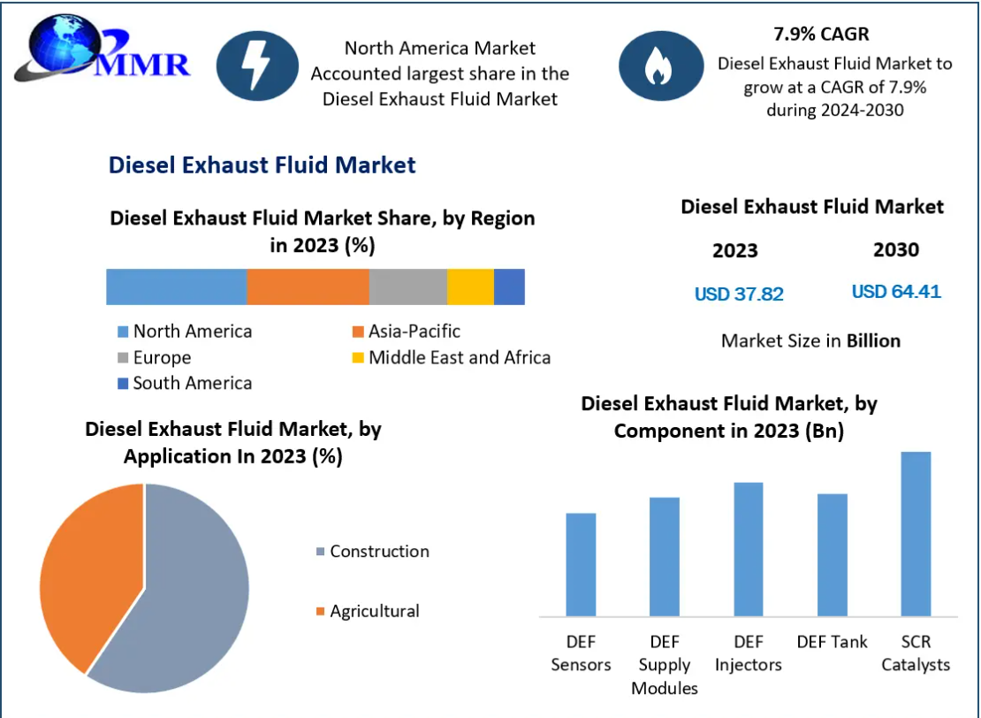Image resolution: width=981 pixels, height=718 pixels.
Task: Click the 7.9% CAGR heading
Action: [821, 35]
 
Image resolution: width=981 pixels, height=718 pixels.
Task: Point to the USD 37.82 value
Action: [739, 294]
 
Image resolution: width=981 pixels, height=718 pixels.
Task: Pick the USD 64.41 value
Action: [896, 291]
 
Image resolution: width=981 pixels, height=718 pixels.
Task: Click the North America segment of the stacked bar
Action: [176, 287]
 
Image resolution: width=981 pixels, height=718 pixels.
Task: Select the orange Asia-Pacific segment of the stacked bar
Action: [308, 287]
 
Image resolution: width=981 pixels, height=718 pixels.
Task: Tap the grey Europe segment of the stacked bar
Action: [407, 287]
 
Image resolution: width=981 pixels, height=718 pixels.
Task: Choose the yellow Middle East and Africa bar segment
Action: [470, 287]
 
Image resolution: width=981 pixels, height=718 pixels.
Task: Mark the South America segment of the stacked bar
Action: [509, 287]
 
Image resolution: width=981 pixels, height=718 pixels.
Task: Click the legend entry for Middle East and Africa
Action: [452, 357]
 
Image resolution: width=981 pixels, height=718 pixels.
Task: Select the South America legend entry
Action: [185, 383]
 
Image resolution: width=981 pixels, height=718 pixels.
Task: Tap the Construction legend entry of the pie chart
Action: [372, 551]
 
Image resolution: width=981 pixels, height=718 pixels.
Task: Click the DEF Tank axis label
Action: [832, 642]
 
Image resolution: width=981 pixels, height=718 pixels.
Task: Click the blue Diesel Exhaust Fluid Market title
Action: [262, 164]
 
